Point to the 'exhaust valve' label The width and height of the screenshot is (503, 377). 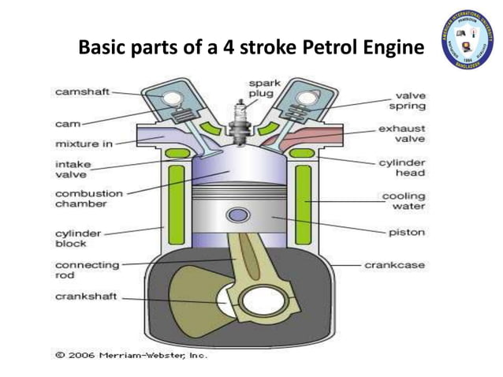402,133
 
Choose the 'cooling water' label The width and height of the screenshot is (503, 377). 403,201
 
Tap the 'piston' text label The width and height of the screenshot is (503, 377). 406,233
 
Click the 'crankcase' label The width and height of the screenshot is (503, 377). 394,265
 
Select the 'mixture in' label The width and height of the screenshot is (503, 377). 82,144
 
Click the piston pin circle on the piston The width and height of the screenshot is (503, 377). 235,215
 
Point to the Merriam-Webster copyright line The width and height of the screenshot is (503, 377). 130,356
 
